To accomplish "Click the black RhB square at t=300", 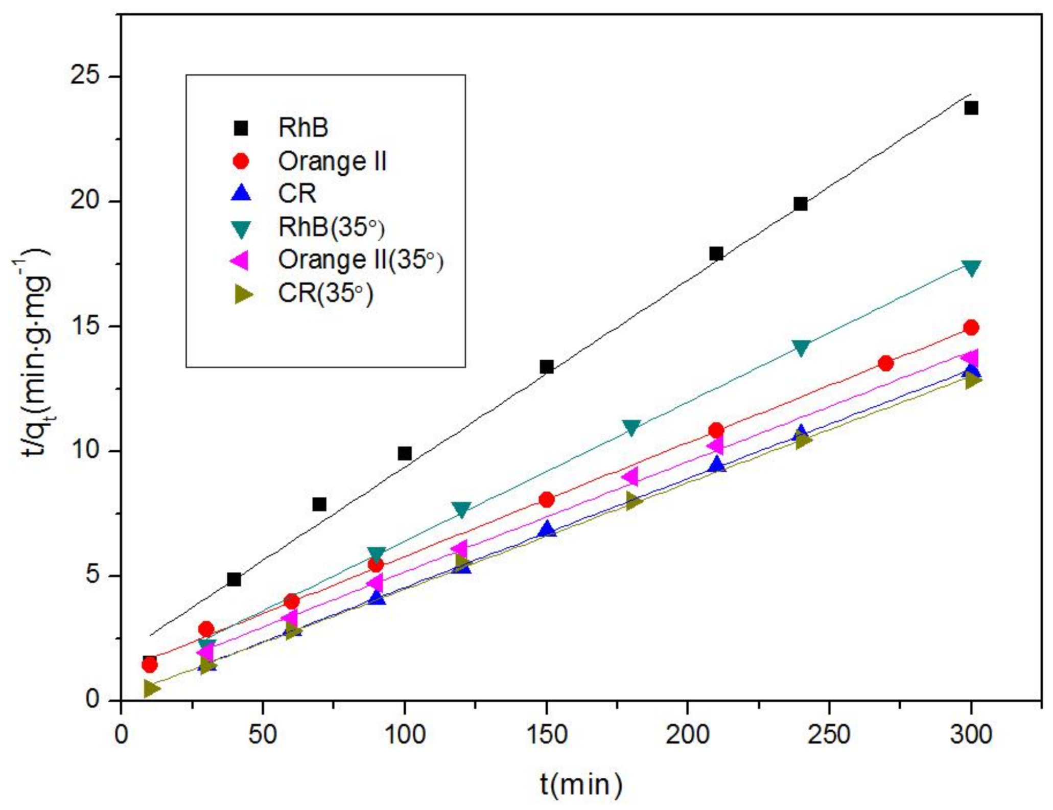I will (971, 108).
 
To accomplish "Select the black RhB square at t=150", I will (546, 366).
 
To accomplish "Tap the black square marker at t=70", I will (319, 504).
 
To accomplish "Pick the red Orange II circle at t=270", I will (885, 363).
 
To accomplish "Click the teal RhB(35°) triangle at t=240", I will (801, 348).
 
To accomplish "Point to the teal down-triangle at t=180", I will (631, 427).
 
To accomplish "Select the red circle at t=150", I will (546, 499).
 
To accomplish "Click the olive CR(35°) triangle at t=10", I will (151, 688).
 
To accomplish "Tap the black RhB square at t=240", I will (801, 204).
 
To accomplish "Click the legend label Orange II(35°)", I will (360, 260).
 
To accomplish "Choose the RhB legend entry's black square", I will (241, 128).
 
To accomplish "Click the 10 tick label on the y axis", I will (85, 450).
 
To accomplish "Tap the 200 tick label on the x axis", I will (687, 735).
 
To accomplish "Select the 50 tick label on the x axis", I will (263, 735).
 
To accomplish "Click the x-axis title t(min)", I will (581, 784).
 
